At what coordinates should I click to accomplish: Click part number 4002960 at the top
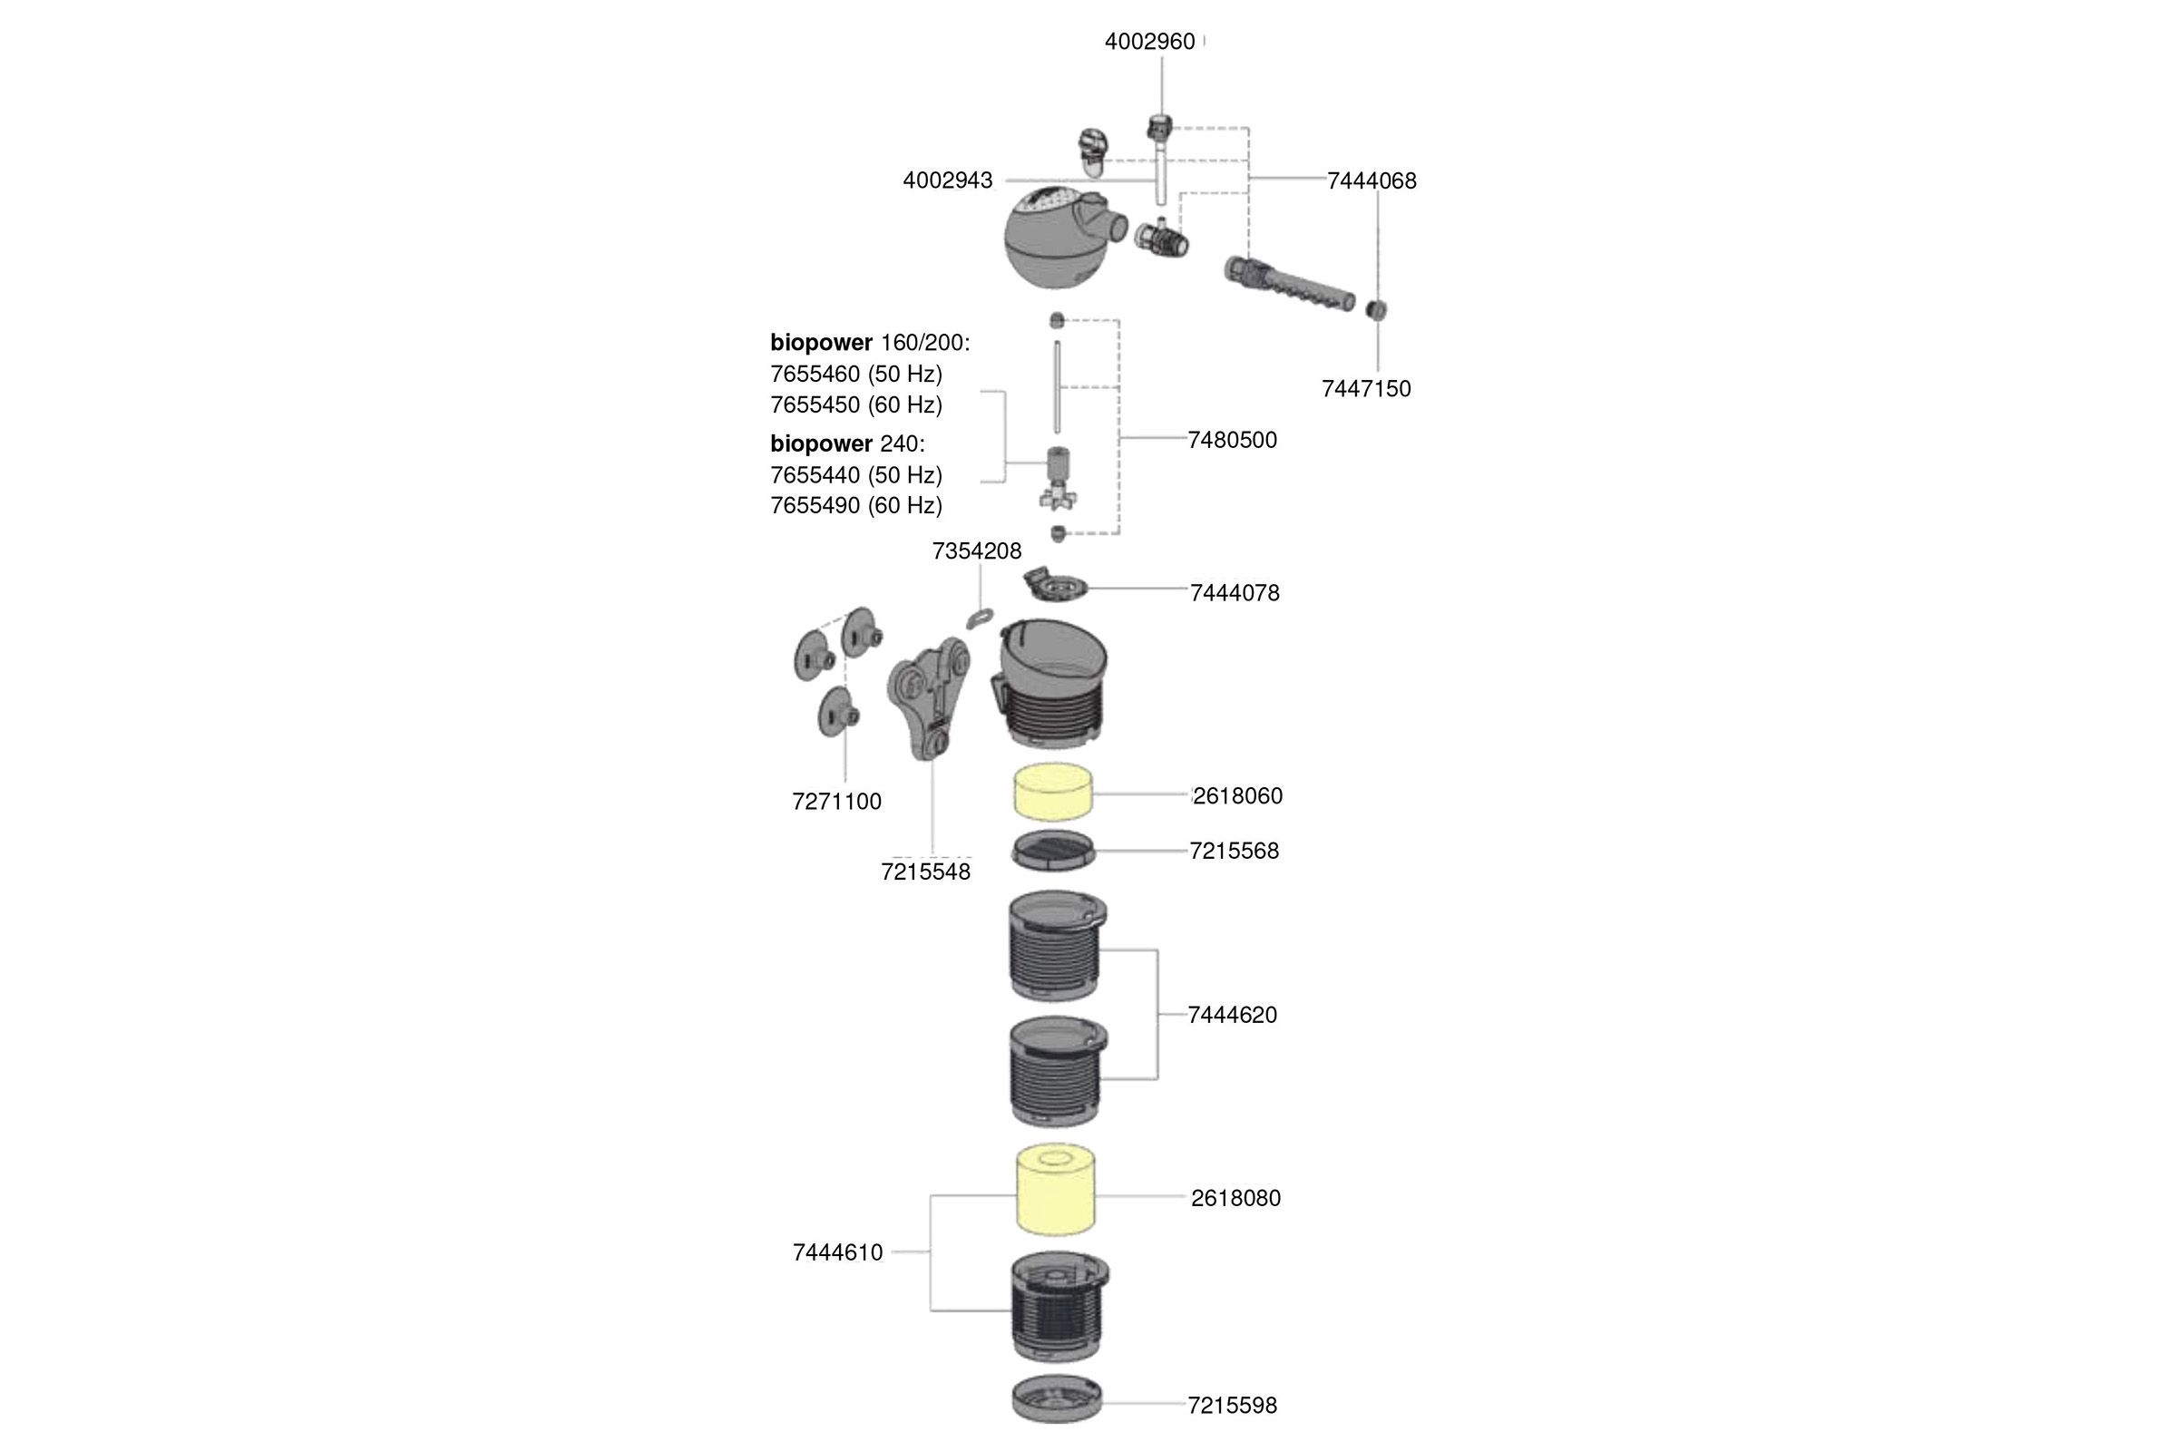tap(1149, 42)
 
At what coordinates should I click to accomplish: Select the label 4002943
tap(947, 180)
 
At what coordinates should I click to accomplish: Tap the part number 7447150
tap(1365, 389)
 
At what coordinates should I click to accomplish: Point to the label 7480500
tap(1232, 440)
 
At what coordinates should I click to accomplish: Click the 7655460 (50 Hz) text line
tap(856, 374)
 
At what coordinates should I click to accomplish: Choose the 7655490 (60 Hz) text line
tap(856, 505)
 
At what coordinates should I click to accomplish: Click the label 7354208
tap(977, 551)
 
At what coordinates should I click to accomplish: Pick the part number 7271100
tap(835, 802)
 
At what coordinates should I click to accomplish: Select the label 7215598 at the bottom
tap(1232, 1405)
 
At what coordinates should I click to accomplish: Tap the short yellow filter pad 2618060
tap(1053, 792)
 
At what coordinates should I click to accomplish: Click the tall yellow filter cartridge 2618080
tap(1055, 1190)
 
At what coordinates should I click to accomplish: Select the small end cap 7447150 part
tap(1376, 309)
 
